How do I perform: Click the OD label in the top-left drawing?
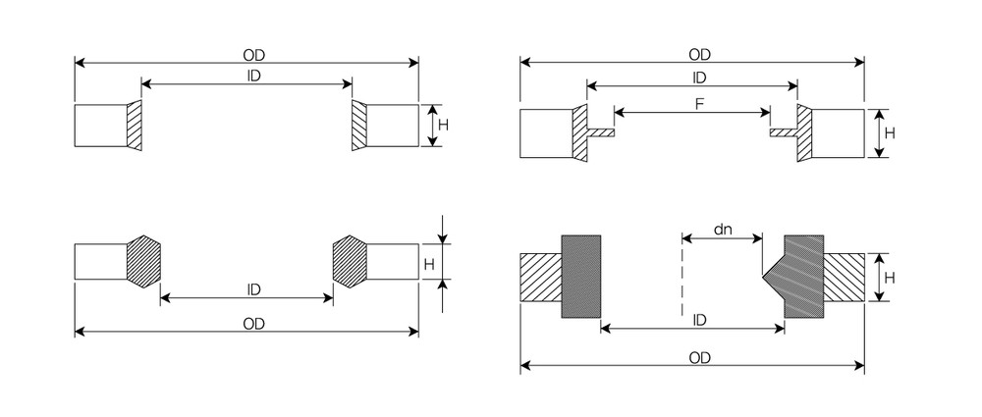pos(253,55)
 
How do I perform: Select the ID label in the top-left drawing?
pos(253,77)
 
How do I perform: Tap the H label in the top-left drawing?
pos(444,126)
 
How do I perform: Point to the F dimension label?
pos(699,105)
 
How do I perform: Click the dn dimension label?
pos(723,230)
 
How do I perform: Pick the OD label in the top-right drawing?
pos(699,55)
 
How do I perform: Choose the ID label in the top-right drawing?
pos(699,77)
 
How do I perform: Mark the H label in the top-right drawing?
pos(890,133)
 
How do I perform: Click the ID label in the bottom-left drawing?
pos(253,289)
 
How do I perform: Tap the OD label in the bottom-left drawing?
pos(253,324)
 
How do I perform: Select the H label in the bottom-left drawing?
pos(429,265)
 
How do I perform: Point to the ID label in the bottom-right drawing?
pos(699,321)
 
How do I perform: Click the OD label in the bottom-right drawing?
pos(699,358)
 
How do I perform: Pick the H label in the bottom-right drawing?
pos(890,278)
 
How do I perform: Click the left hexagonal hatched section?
pos(144,262)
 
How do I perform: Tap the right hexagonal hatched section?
pos(350,262)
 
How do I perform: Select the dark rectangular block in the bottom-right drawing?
pos(581,276)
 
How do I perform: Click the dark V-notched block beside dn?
pos(797,276)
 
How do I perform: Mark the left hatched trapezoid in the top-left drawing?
pos(134,126)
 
